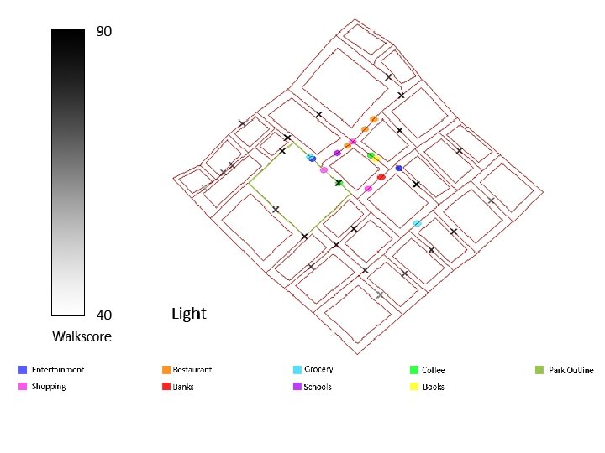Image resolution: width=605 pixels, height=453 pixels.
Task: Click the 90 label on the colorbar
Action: tap(104, 32)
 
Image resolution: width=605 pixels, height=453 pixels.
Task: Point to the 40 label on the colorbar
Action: tap(104, 315)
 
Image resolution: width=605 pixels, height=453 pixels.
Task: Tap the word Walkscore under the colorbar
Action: tap(82, 337)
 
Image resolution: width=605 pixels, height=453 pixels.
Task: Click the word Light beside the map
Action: tap(188, 314)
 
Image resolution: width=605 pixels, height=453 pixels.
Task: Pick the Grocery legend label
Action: tap(319, 370)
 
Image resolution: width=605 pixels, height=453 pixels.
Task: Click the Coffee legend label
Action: tap(434, 370)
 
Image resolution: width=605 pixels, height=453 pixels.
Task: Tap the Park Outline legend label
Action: tap(571, 370)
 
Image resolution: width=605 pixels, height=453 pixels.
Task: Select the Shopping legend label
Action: tap(49, 387)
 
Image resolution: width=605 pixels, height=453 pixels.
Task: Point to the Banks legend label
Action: tap(183, 387)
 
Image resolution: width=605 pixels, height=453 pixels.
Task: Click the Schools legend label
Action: tap(318, 387)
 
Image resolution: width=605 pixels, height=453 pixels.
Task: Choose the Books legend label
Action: tap(434, 387)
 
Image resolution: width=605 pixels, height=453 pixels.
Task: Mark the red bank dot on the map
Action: tap(381, 177)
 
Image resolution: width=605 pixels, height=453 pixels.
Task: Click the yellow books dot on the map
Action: tap(376, 158)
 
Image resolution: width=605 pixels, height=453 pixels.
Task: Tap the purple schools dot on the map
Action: tap(337, 154)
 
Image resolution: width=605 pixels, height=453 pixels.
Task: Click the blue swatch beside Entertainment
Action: tap(23, 370)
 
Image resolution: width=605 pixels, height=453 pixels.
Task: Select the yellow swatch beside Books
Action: tap(414, 387)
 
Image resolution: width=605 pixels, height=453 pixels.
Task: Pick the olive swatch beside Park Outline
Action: tap(539, 370)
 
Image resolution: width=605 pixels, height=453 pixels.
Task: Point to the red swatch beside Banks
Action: tap(166, 387)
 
